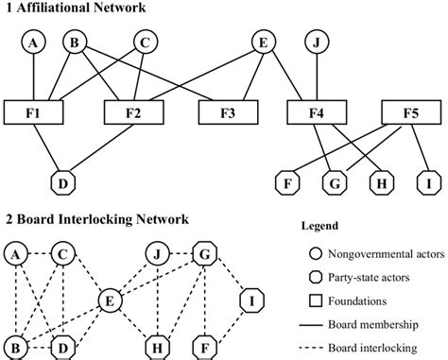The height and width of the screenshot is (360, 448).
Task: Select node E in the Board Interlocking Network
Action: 112,301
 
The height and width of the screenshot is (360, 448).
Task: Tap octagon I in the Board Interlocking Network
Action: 251,301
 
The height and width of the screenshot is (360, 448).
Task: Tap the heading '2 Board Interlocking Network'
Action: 95,219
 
